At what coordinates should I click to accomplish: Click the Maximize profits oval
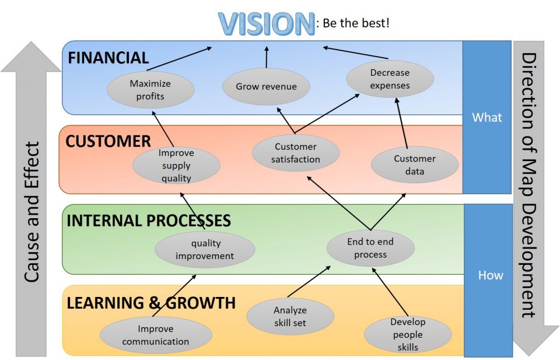[150, 90]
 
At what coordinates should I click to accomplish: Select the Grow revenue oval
[266, 87]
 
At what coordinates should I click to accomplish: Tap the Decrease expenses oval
[390, 79]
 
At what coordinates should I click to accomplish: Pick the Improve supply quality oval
[176, 166]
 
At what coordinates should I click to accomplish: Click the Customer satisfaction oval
[296, 153]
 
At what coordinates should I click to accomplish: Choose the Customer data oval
[414, 165]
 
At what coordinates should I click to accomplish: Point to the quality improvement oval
[205, 250]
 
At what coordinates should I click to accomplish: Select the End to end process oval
[370, 248]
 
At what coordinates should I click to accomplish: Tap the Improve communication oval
[155, 335]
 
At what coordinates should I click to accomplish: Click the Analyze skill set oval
[290, 317]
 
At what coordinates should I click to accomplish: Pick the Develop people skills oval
[408, 334]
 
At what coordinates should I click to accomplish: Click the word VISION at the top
[266, 25]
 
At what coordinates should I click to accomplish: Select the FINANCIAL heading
[108, 58]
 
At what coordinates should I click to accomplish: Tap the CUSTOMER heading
[108, 141]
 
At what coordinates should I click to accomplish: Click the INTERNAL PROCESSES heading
[149, 221]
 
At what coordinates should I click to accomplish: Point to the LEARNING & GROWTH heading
[151, 303]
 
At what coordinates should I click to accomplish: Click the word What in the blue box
[487, 117]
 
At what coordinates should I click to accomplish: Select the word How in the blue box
[490, 275]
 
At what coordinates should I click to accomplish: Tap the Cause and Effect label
[33, 212]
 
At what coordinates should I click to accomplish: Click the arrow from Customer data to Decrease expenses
[402, 123]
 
